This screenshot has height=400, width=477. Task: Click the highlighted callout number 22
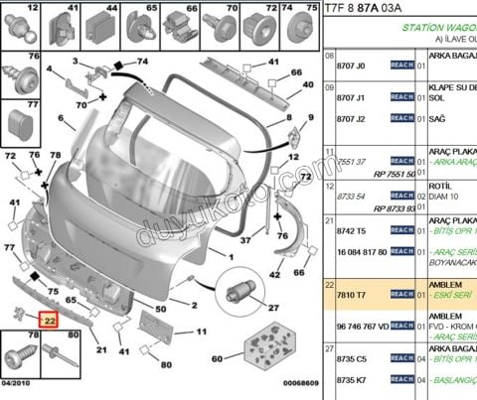49,321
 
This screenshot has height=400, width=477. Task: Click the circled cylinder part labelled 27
241,290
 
